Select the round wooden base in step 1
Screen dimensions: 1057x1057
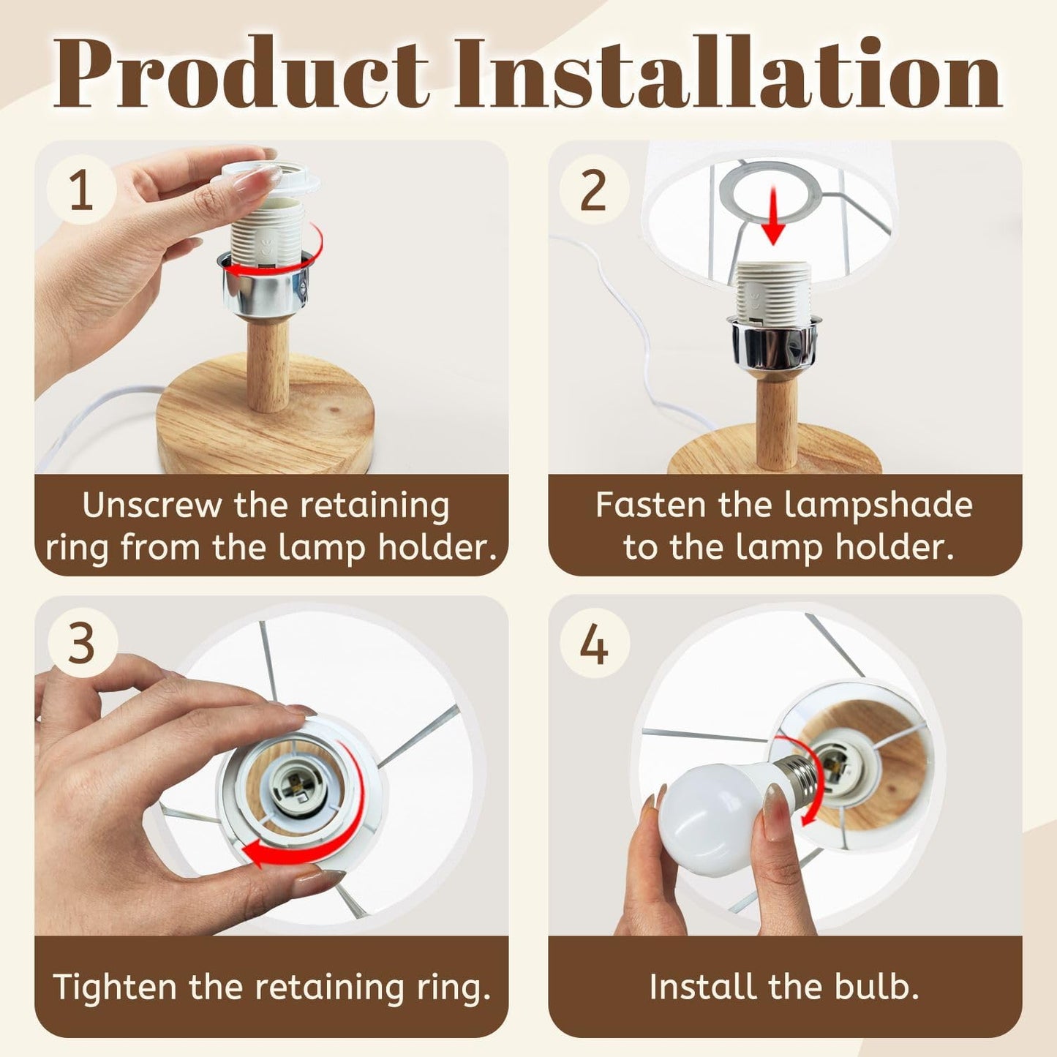point(266,417)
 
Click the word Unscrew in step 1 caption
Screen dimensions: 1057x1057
point(151,505)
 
